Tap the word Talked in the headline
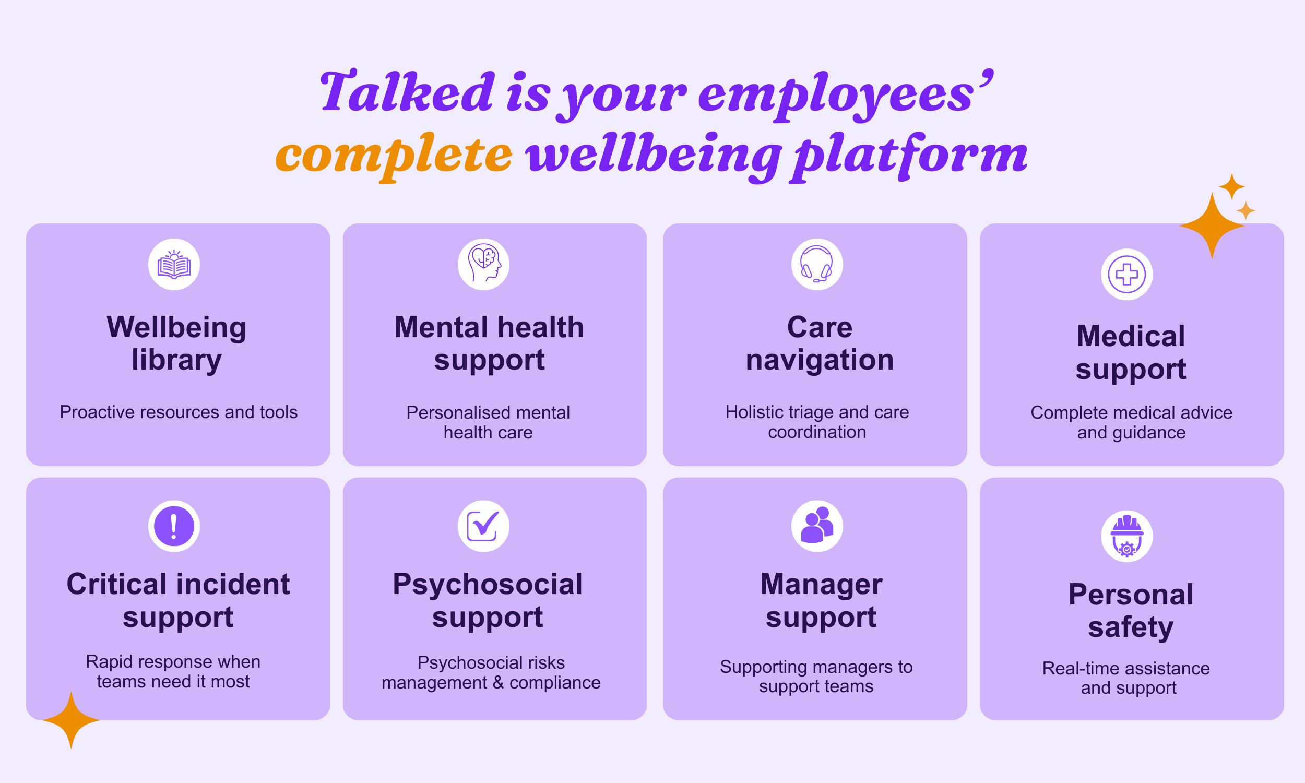click(407, 93)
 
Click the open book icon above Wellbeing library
click(174, 264)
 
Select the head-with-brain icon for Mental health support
click(484, 264)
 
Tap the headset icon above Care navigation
click(816, 264)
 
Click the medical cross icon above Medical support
click(1126, 275)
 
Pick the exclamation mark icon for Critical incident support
click(174, 526)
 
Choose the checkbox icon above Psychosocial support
click(484, 526)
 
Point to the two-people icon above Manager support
click(816, 526)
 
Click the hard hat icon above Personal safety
click(1126, 536)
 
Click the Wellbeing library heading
click(177, 343)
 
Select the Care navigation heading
click(819, 343)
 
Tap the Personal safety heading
click(1131, 610)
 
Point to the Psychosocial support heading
click(488, 600)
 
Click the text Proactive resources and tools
click(179, 412)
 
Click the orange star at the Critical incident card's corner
click(71, 720)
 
